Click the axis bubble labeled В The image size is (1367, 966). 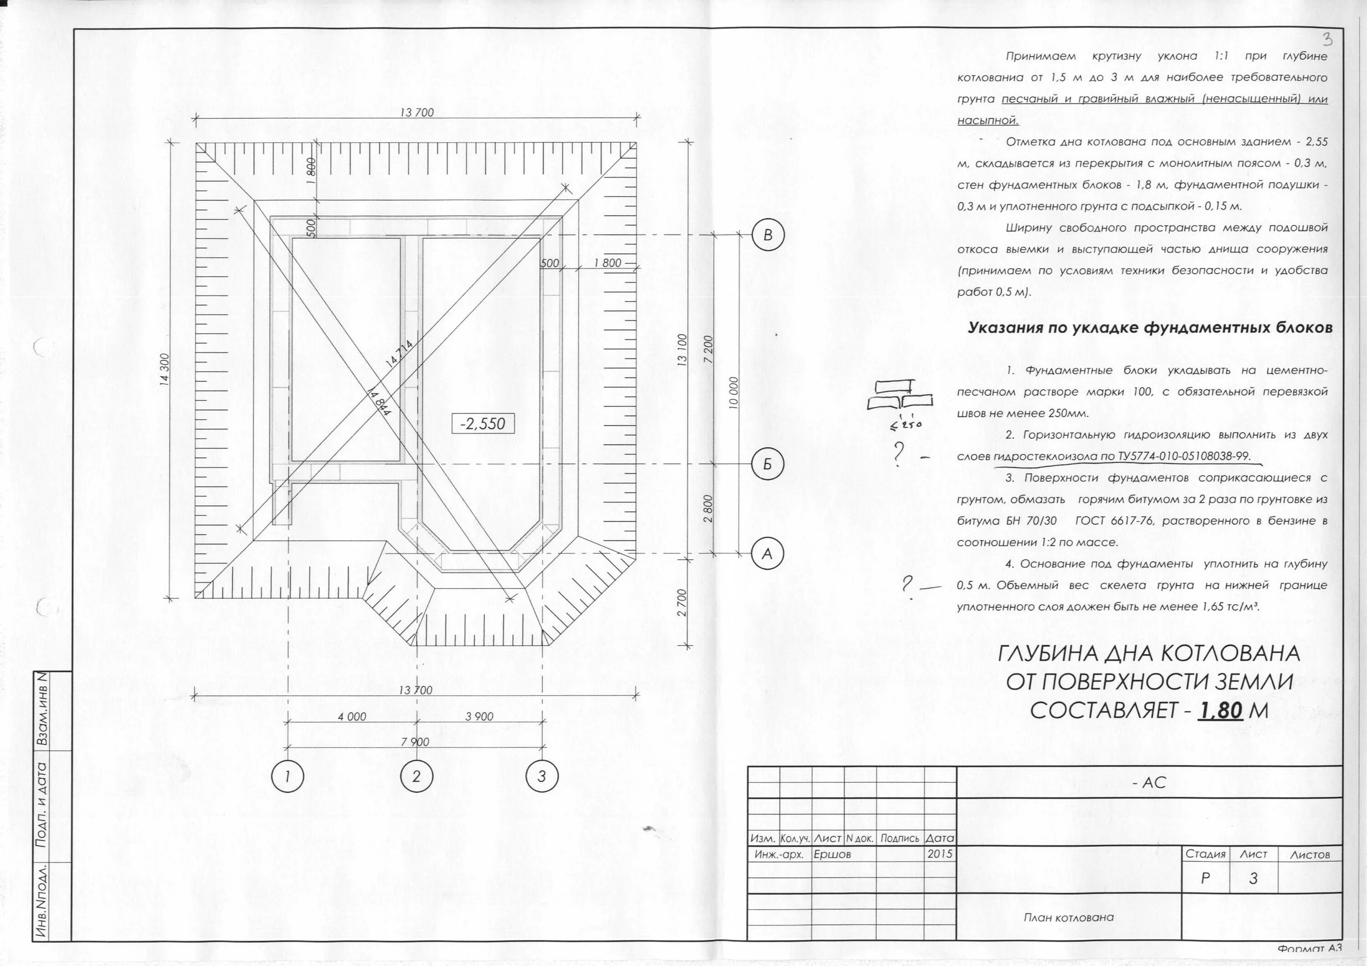(767, 235)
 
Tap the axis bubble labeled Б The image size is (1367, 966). (767, 464)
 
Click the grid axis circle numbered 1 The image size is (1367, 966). (288, 776)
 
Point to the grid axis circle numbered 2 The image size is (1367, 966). (416, 776)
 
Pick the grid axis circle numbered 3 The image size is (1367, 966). (542, 776)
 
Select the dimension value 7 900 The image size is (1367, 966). (415, 741)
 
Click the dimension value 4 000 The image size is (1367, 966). (352, 716)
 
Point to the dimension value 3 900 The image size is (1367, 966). (479, 716)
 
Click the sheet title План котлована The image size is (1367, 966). (1068, 917)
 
